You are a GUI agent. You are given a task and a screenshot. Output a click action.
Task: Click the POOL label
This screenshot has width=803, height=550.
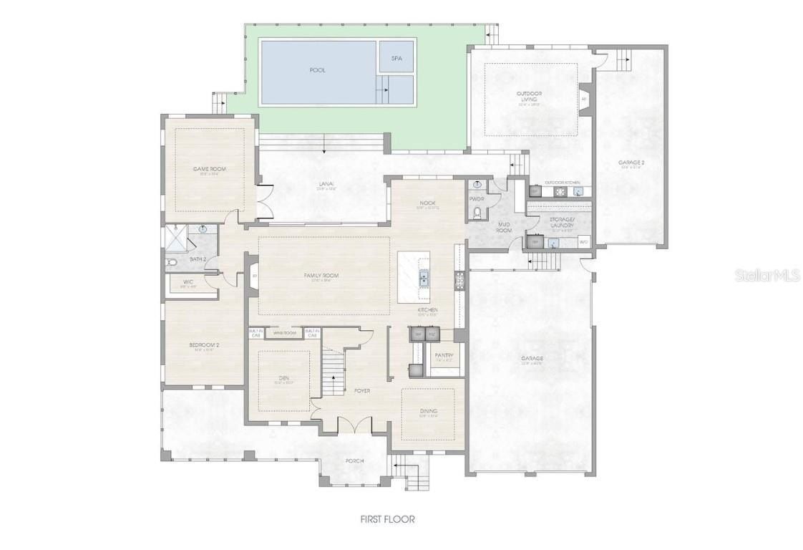coord(317,70)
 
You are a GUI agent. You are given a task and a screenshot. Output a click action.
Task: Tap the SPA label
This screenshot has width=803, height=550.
coord(396,58)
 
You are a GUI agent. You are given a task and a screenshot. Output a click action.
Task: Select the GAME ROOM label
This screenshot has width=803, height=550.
coord(209,169)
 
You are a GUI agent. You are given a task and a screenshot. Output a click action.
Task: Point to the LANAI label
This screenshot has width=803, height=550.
coord(326,184)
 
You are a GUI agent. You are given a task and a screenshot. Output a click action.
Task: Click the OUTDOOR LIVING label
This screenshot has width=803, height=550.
coord(529,96)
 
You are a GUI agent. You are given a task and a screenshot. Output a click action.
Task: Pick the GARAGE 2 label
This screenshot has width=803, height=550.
coord(631,163)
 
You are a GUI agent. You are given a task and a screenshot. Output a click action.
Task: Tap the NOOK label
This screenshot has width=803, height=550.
coord(427,203)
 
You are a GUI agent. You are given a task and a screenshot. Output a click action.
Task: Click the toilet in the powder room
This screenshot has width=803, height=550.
coord(477,212)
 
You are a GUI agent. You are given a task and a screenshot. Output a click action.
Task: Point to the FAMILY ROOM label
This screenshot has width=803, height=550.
coord(321,275)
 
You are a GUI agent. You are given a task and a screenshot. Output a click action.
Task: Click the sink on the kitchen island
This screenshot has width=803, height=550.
coord(424,276)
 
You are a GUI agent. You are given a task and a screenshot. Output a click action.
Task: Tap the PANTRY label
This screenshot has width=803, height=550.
coord(444,355)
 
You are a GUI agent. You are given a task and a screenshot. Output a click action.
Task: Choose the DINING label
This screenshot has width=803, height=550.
coord(428,411)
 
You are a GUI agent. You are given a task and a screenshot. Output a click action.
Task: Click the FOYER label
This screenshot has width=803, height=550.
coord(362,390)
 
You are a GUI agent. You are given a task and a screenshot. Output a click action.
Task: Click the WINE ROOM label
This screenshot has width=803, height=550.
coord(285,333)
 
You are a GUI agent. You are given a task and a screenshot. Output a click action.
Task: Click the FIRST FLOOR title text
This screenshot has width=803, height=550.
coord(387,519)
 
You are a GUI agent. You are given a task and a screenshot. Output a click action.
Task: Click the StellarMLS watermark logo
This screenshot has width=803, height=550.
coord(766,275)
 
